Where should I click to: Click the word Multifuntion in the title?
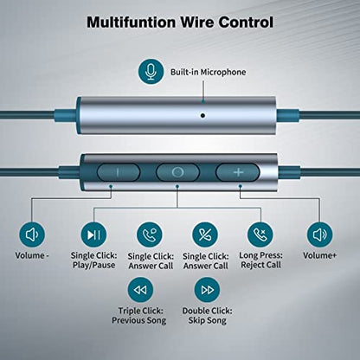click(131, 22)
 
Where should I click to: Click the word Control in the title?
click(246, 22)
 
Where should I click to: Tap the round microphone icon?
click(151, 72)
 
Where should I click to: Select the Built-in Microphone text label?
click(208, 72)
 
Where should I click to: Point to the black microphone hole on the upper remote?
click(202, 116)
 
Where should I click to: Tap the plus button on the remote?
click(238, 172)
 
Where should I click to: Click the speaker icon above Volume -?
click(32, 235)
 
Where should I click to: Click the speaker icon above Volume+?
click(319, 235)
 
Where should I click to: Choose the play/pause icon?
click(93, 235)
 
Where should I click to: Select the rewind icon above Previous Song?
click(140, 290)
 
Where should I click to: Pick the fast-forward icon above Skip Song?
click(207, 290)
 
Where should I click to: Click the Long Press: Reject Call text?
click(260, 260)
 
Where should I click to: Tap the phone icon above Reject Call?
click(260, 235)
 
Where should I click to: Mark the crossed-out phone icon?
click(205, 235)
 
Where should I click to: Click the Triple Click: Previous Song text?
click(139, 316)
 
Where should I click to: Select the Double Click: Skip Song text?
click(207, 316)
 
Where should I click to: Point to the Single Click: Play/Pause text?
click(93, 260)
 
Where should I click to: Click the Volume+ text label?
click(319, 255)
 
